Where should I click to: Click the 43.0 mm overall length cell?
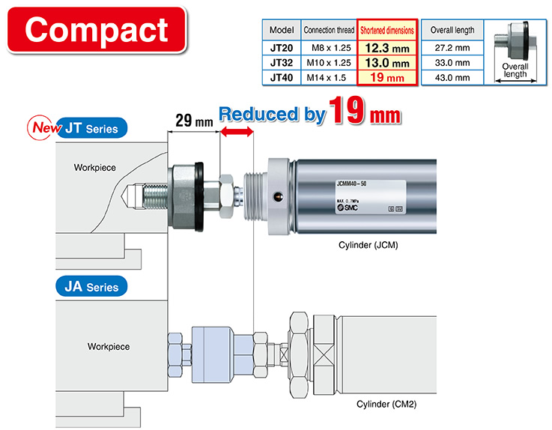452,77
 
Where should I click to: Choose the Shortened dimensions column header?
386,31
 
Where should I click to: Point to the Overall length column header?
452,31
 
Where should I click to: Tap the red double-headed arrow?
236,133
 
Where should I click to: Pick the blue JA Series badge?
91,286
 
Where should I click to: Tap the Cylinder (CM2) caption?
386,404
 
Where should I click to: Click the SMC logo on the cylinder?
347,208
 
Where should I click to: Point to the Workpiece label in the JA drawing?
109,347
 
